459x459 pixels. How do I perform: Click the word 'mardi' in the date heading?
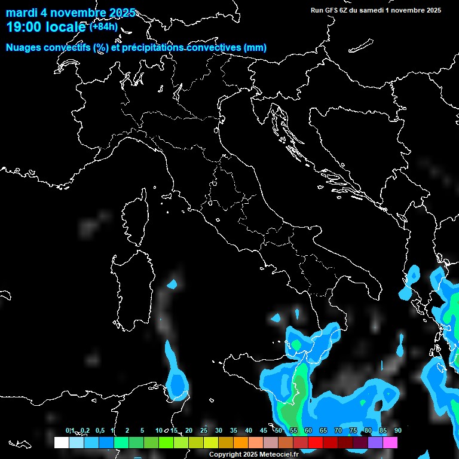click(x=21, y=13)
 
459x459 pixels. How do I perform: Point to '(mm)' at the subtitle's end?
click(x=255, y=48)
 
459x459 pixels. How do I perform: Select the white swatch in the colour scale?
click(x=62, y=442)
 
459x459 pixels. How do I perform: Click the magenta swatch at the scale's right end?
click(x=390, y=442)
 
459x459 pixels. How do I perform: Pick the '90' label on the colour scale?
click(x=397, y=430)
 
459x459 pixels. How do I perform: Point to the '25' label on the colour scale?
click(x=204, y=430)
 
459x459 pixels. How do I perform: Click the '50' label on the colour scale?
click(x=279, y=430)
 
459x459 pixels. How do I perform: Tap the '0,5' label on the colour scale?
click(x=99, y=430)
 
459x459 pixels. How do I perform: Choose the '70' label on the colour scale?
click(x=338, y=430)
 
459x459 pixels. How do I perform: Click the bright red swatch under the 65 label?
click(x=316, y=442)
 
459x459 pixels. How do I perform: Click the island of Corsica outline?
click(x=136, y=218)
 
